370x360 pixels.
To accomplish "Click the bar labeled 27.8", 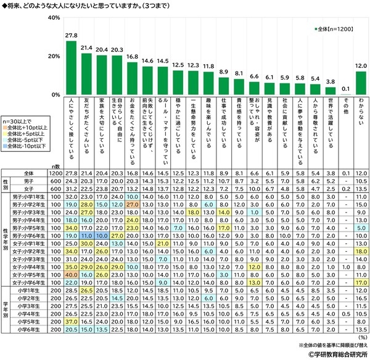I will tap(71, 68).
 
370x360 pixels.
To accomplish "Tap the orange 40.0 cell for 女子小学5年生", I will tap(70, 274).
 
